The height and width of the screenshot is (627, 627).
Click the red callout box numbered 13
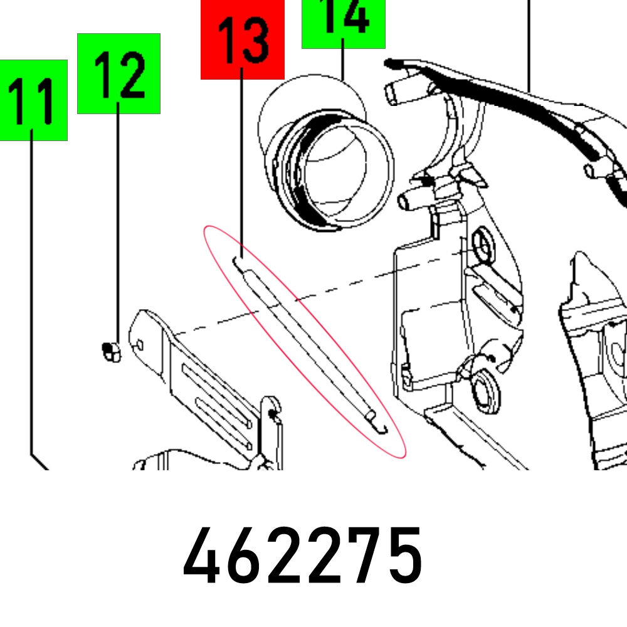pyautogui.click(x=242, y=40)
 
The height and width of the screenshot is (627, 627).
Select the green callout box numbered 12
pyautogui.click(x=119, y=73)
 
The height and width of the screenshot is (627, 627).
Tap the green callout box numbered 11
pyautogui.click(x=34, y=100)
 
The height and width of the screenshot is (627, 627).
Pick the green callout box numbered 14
pyautogui.click(x=344, y=24)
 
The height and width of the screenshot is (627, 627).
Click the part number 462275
pyautogui.click(x=303, y=556)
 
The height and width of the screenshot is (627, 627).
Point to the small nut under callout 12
pyautogui.click(x=111, y=352)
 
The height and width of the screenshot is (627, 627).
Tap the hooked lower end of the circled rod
pyautogui.click(x=379, y=426)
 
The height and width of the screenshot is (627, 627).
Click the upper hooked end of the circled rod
pyautogui.click(x=239, y=265)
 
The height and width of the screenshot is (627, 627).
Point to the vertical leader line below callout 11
pyautogui.click(x=31, y=292)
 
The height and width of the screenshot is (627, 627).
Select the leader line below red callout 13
pyautogui.click(x=241, y=163)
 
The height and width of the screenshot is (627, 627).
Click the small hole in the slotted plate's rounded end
pyautogui.click(x=140, y=345)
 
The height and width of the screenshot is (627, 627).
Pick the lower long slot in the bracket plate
pyautogui.click(x=224, y=423)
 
